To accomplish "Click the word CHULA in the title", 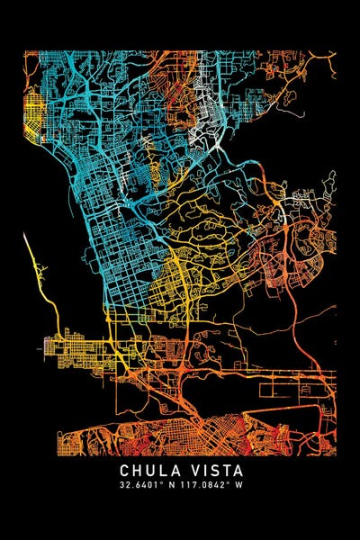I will [148, 470].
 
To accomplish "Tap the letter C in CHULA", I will [123, 470].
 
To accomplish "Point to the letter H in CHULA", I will [136, 470].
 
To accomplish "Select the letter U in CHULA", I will [149, 470].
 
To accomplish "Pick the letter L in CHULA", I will [162, 470].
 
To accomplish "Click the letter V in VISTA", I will [192, 470].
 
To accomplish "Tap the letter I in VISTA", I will [203, 470].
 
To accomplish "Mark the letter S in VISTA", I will [214, 470].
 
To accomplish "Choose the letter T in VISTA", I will [227, 470].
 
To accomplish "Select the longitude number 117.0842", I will [202, 485].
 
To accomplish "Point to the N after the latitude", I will [168, 485].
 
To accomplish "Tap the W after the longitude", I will [239, 485].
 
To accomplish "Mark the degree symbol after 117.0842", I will [229, 482].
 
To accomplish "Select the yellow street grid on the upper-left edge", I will [32, 117].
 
